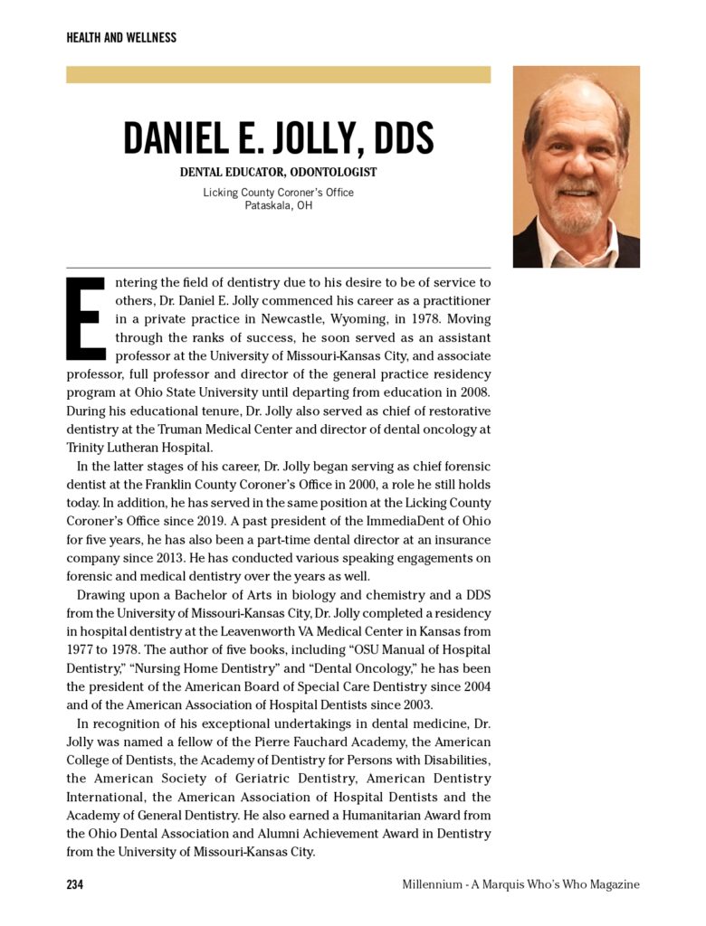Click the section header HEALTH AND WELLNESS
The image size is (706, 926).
tap(121, 38)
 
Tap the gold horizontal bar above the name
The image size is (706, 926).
tap(278, 74)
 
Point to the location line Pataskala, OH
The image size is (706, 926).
tap(278, 205)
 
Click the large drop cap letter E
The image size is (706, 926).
tap(86, 317)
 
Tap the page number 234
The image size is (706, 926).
tap(75, 884)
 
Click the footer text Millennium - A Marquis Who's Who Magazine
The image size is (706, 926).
tap(520, 884)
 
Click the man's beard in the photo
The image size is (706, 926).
tap(577, 213)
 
